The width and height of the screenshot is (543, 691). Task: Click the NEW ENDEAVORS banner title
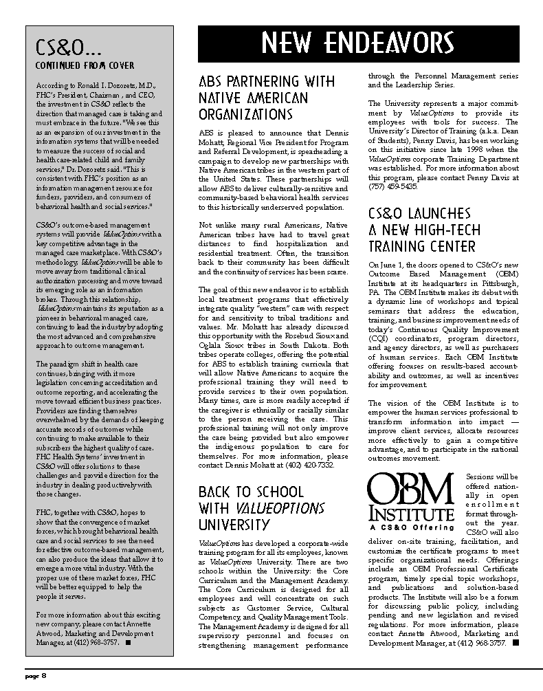pos(358,44)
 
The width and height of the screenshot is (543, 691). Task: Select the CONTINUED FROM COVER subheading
pos(85,66)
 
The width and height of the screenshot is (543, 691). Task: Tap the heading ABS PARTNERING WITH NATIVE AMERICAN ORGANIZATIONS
pos(267,98)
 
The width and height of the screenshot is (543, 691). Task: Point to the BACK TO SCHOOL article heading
pos(261,508)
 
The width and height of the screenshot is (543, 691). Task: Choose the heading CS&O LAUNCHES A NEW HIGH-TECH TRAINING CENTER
pos(424,230)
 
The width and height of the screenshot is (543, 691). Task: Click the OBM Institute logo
pos(411,496)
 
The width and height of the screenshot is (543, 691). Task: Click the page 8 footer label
pos(36,675)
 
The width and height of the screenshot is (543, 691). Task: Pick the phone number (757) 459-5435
pos(392,186)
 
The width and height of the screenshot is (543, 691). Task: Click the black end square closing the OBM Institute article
pos(515,643)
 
